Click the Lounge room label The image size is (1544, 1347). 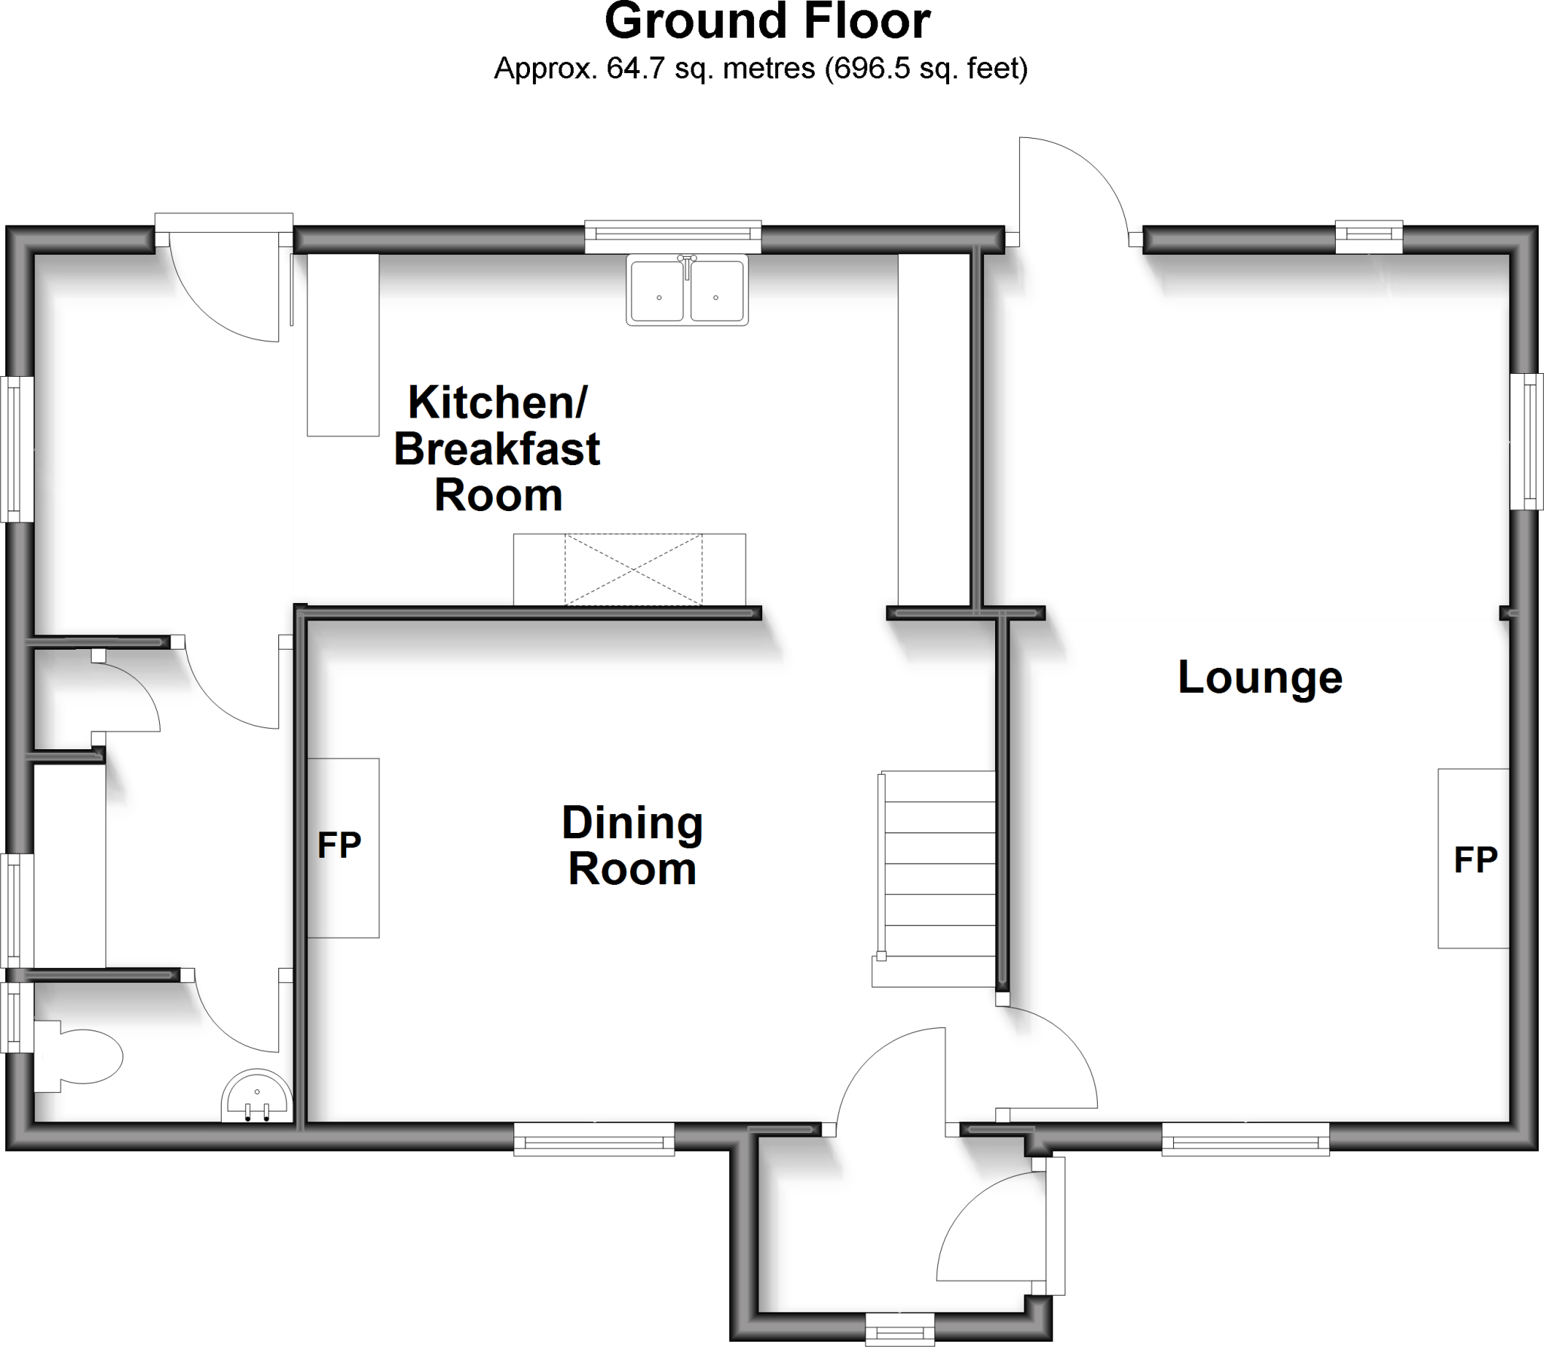(x=1260, y=677)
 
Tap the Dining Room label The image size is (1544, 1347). (x=632, y=845)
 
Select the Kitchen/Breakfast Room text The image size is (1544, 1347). (x=497, y=449)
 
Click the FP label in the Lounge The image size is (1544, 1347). (x=1475, y=859)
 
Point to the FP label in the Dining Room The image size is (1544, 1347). (x=339, y=846)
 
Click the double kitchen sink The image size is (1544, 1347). (x=687, y=290)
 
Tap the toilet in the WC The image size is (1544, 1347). (x=79, y=1056)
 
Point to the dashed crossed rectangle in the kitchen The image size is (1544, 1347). (x=633, y=569)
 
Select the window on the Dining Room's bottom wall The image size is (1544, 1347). (x=594, y=1139)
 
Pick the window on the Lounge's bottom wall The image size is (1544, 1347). (x=1245, y=1139)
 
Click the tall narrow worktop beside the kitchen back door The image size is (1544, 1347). (x=342, y=345)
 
